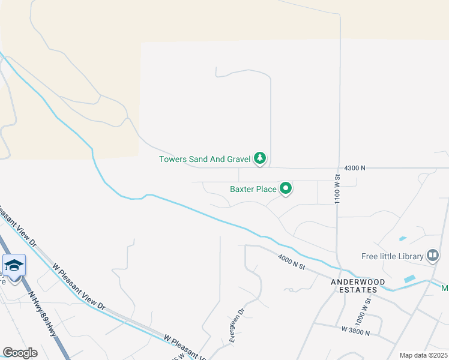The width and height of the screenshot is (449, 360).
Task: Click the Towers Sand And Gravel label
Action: pyautogui.click(x=204, y=159)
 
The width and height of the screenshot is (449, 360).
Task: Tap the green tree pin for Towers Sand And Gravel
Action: pyautogui.click(x=260, y=158)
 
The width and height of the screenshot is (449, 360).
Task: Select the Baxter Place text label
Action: pyautogui.click(x=253, y=189)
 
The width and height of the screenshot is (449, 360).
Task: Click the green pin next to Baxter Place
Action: pyautogui.click(x=286, y=188)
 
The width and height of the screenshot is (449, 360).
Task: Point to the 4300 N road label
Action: pyautogui.click(x=355, y=169)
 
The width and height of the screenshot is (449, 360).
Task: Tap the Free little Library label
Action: pyautogui.click(x=393, y=256)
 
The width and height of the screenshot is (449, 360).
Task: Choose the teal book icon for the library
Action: pyautogui.click(x=432, y=256)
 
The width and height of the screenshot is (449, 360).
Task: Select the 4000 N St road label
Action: pyautogui.click(x=292, y=262)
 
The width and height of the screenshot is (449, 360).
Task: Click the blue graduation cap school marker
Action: pyautogui.click(x=14, y=266)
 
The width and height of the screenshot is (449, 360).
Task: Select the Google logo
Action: pyautogui.click(x=20, y=353)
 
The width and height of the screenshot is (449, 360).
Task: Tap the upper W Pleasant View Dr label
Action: pyautogui.click(x=79, y=286)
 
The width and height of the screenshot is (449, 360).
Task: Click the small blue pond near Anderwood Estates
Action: pyautogui.click(x=410, y=279)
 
